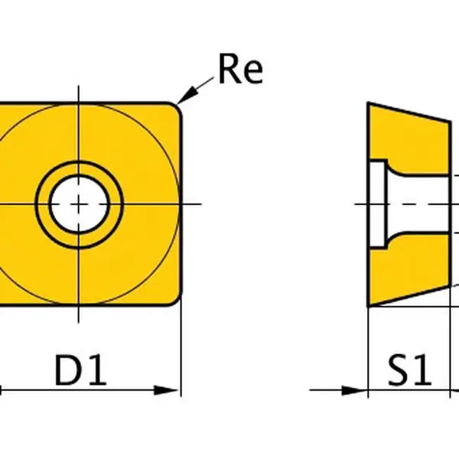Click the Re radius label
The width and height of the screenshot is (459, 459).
(240, 70)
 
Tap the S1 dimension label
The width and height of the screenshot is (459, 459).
(409, 371)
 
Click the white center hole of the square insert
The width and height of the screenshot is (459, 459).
(79, 203)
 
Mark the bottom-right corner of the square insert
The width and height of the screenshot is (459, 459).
(177, 301)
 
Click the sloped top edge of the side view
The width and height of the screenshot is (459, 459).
(409, 112)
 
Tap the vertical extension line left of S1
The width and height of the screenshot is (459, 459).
(368, 352)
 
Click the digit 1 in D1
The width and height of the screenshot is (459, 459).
(98, 371)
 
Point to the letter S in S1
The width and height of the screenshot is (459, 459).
(399, 371)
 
